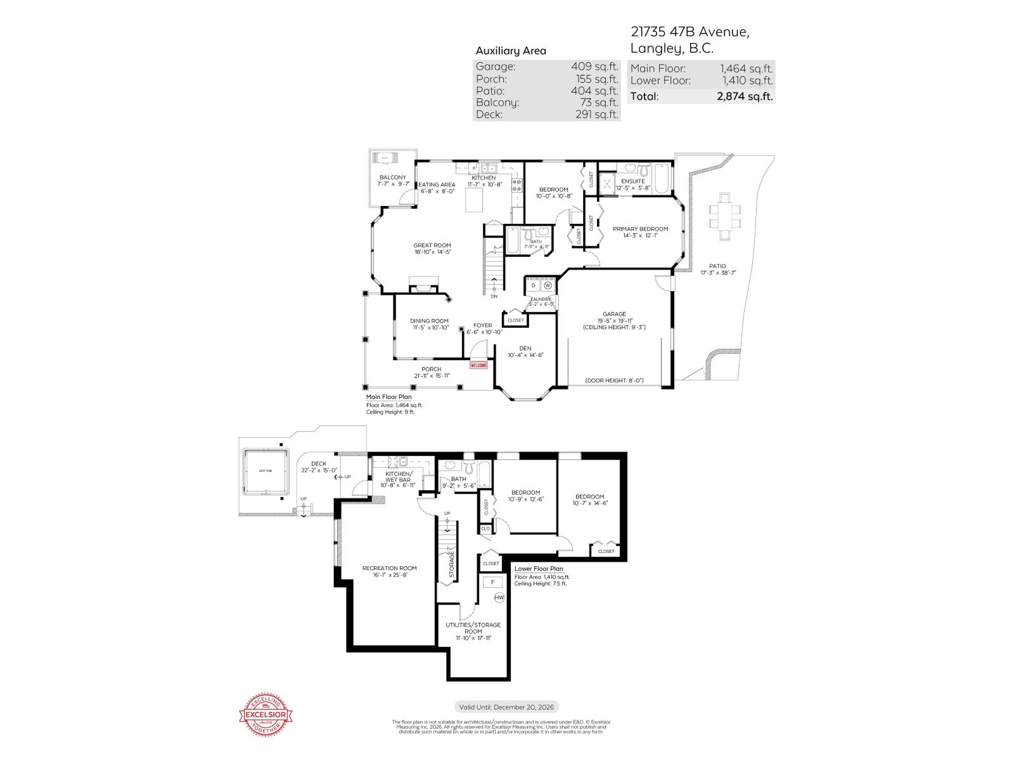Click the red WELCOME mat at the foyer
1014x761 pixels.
pos(478,365)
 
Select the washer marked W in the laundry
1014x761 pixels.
pos(548,286)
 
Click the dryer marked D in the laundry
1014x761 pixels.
pos(534,286)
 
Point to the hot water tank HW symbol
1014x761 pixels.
pos(499,597)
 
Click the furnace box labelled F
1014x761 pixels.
pos(492,582)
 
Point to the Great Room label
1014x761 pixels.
pos(432,245)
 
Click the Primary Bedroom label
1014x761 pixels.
pos(640,229)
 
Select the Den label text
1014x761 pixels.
pos(525,348)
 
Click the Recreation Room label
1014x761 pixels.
pos(389,568)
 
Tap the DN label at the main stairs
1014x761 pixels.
pos(494,296)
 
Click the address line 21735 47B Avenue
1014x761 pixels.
pos(690,32)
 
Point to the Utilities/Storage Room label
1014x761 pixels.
pos(473,628)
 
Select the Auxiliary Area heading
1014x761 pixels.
pos(511,51)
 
